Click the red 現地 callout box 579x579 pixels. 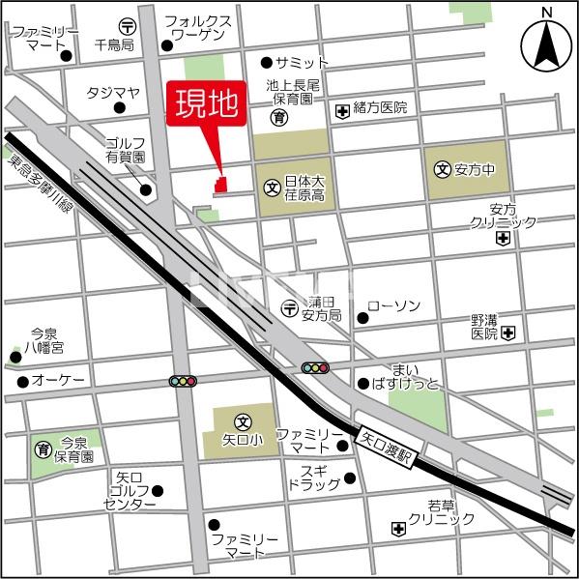(x=205, y=105)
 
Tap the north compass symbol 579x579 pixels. (x=547, y=43)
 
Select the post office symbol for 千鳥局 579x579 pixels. (x=128, y=26)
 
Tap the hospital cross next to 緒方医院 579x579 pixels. (x=341, y=110)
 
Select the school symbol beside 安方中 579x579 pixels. (x=443, y=168)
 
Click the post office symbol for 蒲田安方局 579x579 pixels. (x=290, y=308)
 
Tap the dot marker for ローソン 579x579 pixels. (x=362, y=317)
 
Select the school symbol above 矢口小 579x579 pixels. (x=243, y=421)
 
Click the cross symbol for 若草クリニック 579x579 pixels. (x=398, y=529)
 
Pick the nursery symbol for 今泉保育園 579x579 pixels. (x=43, y=449)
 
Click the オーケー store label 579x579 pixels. (x=57, y=381)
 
